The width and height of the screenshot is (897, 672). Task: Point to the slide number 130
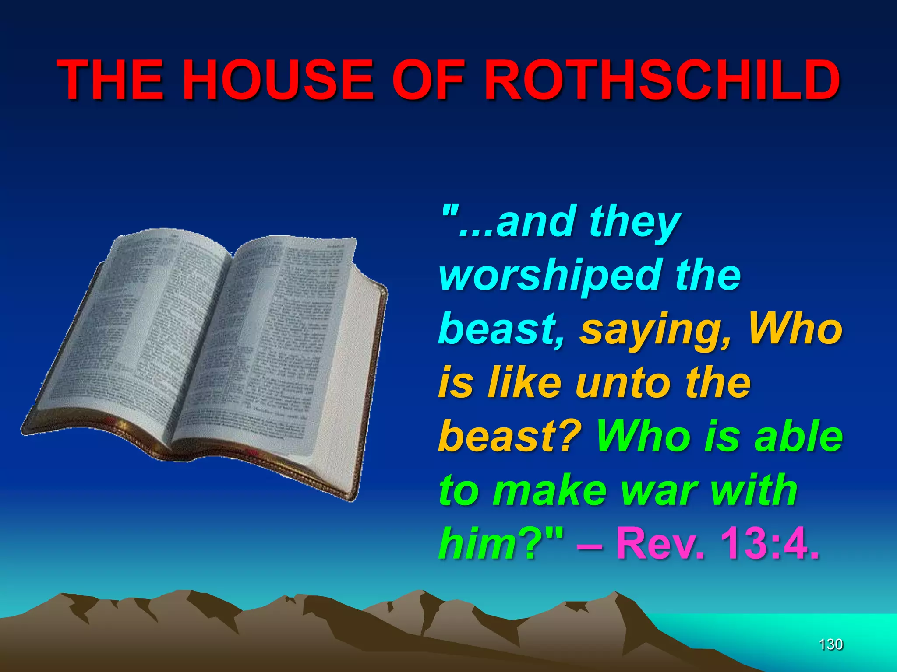[x=830, y=644]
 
